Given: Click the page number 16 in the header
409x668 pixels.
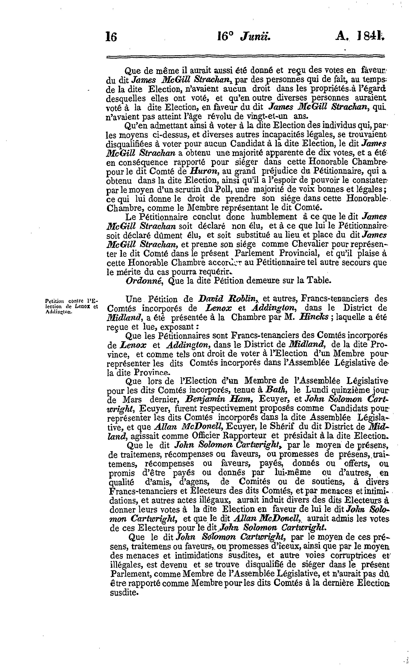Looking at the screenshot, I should coord(111,37).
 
